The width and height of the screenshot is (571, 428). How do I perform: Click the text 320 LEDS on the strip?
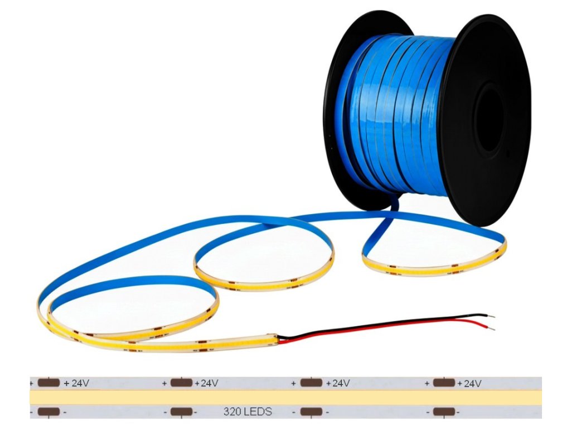(248, 412)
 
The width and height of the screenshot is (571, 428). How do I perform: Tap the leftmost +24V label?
(76, 383)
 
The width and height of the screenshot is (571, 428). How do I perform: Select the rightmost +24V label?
(469, 383)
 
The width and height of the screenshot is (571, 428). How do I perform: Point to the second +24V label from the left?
(206, 383)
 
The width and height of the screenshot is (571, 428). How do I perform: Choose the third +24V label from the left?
(337, 383)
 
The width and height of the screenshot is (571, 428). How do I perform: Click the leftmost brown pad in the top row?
(49, 383)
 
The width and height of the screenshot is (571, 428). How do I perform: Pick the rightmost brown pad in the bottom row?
(444, 412)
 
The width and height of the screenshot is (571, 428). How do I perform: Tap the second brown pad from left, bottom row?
(181, 412)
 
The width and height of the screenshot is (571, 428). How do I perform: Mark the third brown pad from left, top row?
(311, 383)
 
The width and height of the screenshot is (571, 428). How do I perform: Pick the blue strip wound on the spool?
(401, 111)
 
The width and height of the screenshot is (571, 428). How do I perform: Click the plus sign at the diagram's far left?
(32, 383)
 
